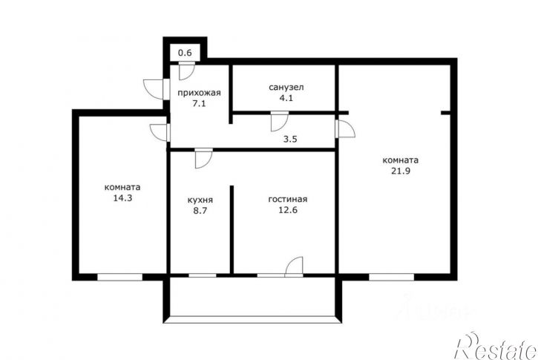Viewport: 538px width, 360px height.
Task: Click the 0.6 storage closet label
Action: tap(185, 53)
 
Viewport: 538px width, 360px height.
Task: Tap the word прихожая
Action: tap(199, 93)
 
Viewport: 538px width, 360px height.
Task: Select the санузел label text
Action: tap(286, 87)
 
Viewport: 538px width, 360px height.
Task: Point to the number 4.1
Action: tap(286, 98)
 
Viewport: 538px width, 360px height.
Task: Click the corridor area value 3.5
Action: tap(290, 140)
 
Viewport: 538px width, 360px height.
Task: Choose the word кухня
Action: tap(200, 200)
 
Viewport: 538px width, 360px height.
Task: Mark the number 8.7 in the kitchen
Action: tap(200, 211)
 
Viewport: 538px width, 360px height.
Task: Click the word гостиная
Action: tap(287, 200)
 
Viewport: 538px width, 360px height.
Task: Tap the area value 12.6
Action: tap(288, 210)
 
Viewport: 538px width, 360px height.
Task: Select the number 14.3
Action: tap(123, 198)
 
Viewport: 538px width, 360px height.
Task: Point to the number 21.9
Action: tap(401, 171)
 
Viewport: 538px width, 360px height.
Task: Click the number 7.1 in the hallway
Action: tap(199, 103)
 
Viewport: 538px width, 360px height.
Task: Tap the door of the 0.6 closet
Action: tap(187, 71)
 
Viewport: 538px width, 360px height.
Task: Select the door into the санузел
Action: tap(279, 121)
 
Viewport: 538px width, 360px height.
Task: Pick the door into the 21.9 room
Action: tap(345, 128)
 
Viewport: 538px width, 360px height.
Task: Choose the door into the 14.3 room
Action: tap(160, 132)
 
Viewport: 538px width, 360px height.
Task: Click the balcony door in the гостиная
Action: tap(294, 266)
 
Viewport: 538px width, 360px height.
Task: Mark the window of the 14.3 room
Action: tap(119, 277)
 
